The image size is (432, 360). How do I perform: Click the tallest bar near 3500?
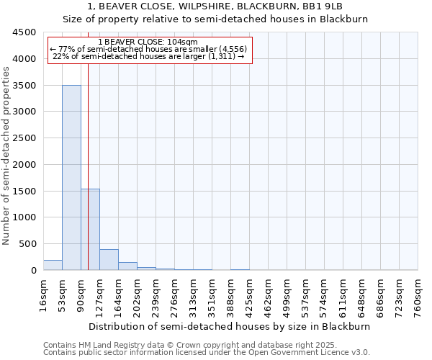[x=71, y=177]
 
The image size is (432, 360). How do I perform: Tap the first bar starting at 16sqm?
[x=53, y=265]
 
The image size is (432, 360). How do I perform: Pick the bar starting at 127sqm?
[x=109, y=260]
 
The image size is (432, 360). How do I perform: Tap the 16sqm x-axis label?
[x=43, y=295]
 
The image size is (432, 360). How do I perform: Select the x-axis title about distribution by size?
[x=230, y=326]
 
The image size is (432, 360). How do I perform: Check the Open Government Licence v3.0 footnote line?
[x=207, y=353]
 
